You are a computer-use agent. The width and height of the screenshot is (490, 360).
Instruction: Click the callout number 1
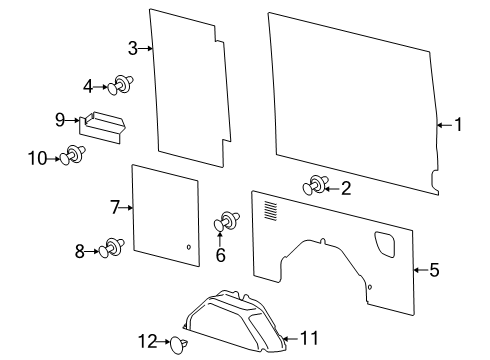tap(458, 125)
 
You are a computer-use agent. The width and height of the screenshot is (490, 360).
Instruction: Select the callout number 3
tap(133, 48)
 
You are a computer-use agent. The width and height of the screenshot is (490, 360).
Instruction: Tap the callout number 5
tap(433, 269)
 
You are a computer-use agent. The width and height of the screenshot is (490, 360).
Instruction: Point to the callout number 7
tap(115, 207)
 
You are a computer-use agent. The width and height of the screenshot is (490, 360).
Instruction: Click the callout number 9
tap(60, 119)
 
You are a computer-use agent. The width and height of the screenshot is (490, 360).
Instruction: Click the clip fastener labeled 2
tap(315, 185)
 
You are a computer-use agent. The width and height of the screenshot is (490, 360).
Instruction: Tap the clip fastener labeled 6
tap(227, 222)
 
